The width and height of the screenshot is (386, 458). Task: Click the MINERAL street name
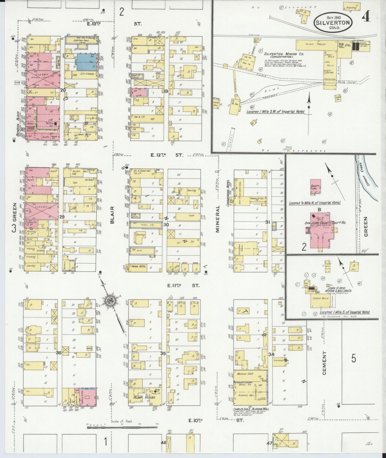pyautogui.click(x=217, y=219)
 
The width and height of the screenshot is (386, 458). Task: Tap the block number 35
pyautogui.click(x=163, y=353)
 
